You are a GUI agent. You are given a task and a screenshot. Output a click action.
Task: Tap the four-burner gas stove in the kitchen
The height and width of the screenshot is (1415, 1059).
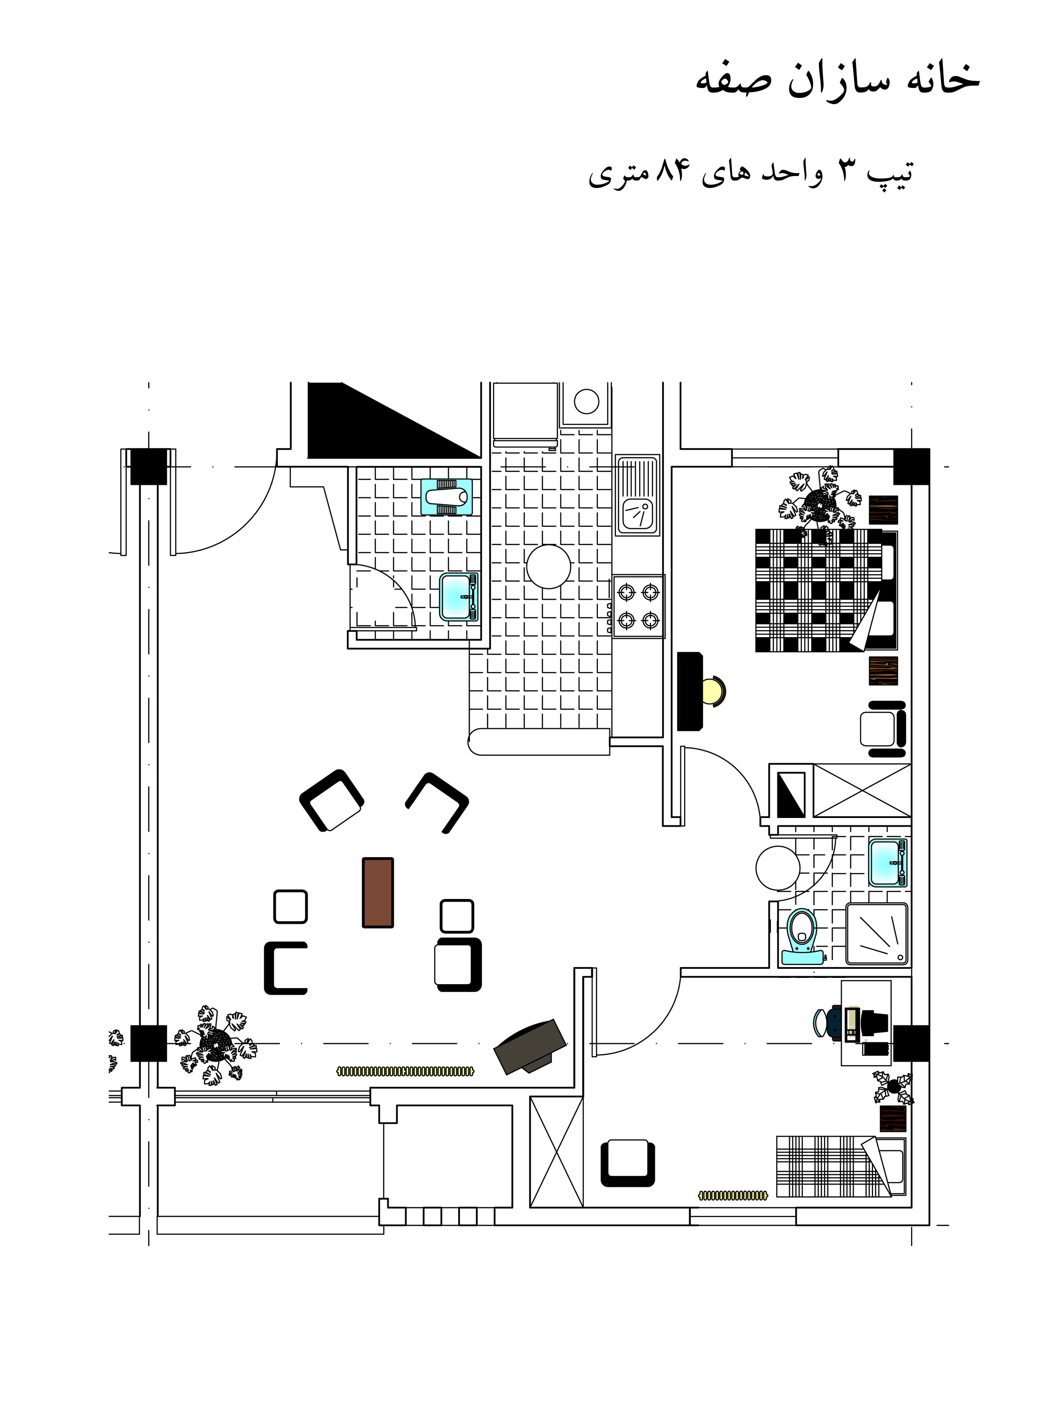(x=638, y=606)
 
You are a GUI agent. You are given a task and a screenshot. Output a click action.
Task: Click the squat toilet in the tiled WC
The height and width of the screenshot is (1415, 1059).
(x=447, y=497)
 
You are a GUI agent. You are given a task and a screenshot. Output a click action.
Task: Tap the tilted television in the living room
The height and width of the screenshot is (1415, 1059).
(x=530, y=1046)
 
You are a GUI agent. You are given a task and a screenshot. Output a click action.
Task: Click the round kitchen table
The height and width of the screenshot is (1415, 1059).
(x=548, y=566)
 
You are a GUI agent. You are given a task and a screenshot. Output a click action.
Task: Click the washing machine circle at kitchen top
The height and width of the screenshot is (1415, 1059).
(x=586, y=402)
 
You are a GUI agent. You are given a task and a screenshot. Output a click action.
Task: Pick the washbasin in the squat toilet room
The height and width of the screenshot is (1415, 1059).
(x=459, y=597)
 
